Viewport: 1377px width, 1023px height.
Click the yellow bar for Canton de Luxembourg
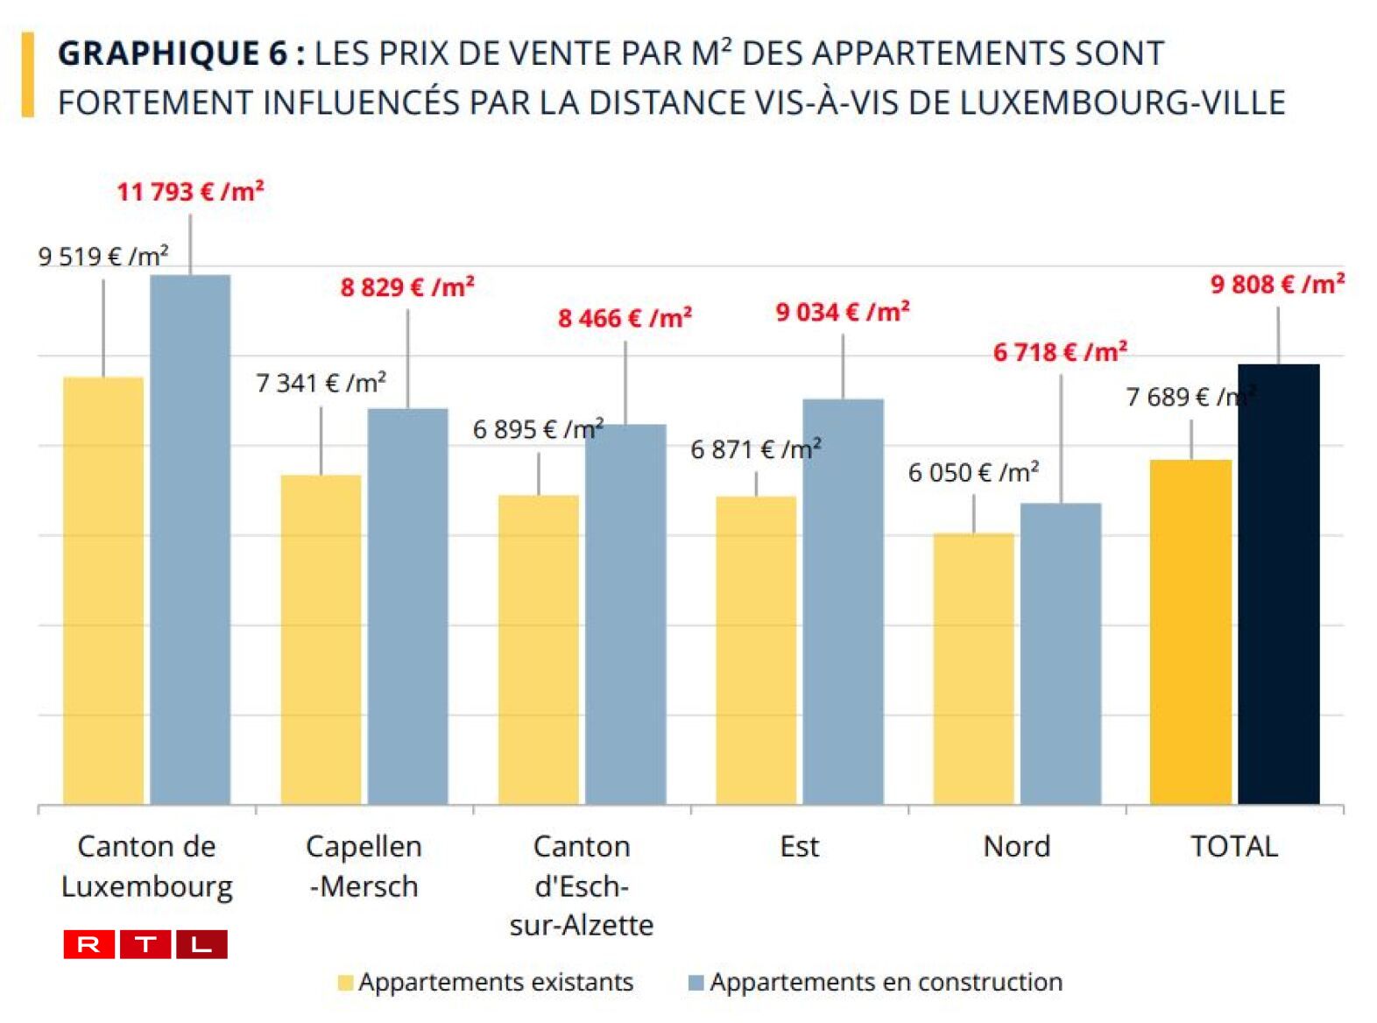pyautogui.click(x=103, y=591)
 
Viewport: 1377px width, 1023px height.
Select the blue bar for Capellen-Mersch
pyautogui.click(x=407, y=606)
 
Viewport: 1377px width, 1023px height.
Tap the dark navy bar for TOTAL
pyautogui.click(x=1278, y=584)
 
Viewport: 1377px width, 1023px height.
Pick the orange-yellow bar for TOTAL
pyautogui.click(x=1190, y=631)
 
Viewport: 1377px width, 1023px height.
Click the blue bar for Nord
pyautogui.click(x=1061, y=653)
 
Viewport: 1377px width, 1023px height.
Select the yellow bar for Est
pyautogui.click(x=756, y=650)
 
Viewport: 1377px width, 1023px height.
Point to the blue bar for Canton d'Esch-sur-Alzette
pyautogui.click(x=625, y=614)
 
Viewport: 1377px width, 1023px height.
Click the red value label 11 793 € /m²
pyautogui.click(x=190, y=191)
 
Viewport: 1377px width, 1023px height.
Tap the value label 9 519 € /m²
pyautogui.click(x=103, y=257)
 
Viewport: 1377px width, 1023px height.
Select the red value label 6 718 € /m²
pyautogui.click(x=1060, y=352)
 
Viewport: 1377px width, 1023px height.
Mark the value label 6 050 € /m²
pyautogui.click(x=973, y=473)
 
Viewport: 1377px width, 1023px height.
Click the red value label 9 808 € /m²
pyautogui.click(x=1277, y=284)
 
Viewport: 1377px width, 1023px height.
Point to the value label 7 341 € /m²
pyautogui.click(x=321, y=383)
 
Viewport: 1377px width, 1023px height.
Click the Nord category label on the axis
pyautogui.click(x=1016, y=846)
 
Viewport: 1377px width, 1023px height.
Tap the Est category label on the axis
pyautogui.click(x=799, y=846)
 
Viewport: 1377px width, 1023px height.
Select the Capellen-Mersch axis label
pyautogui.click(x=364, y=865)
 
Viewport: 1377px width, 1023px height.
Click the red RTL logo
pyautogui.click(x=145, y=944)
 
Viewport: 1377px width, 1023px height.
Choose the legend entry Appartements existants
pyautogui.click(x=486, y=982)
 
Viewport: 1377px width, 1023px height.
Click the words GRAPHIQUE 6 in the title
pyautogui.click(x=173, y=53)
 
